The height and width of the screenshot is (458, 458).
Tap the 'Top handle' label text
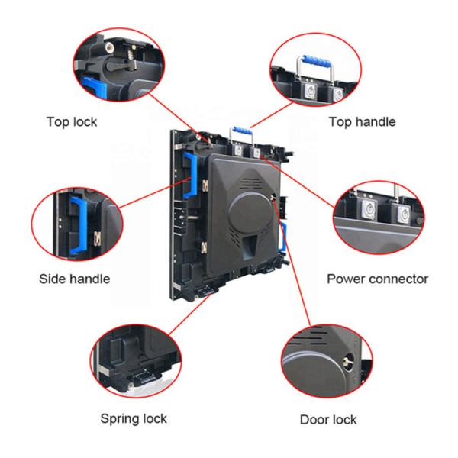(x=361, y=121)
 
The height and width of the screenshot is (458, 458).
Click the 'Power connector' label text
(x=377, y=279)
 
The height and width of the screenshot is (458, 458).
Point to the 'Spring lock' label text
(x=134, y=419)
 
